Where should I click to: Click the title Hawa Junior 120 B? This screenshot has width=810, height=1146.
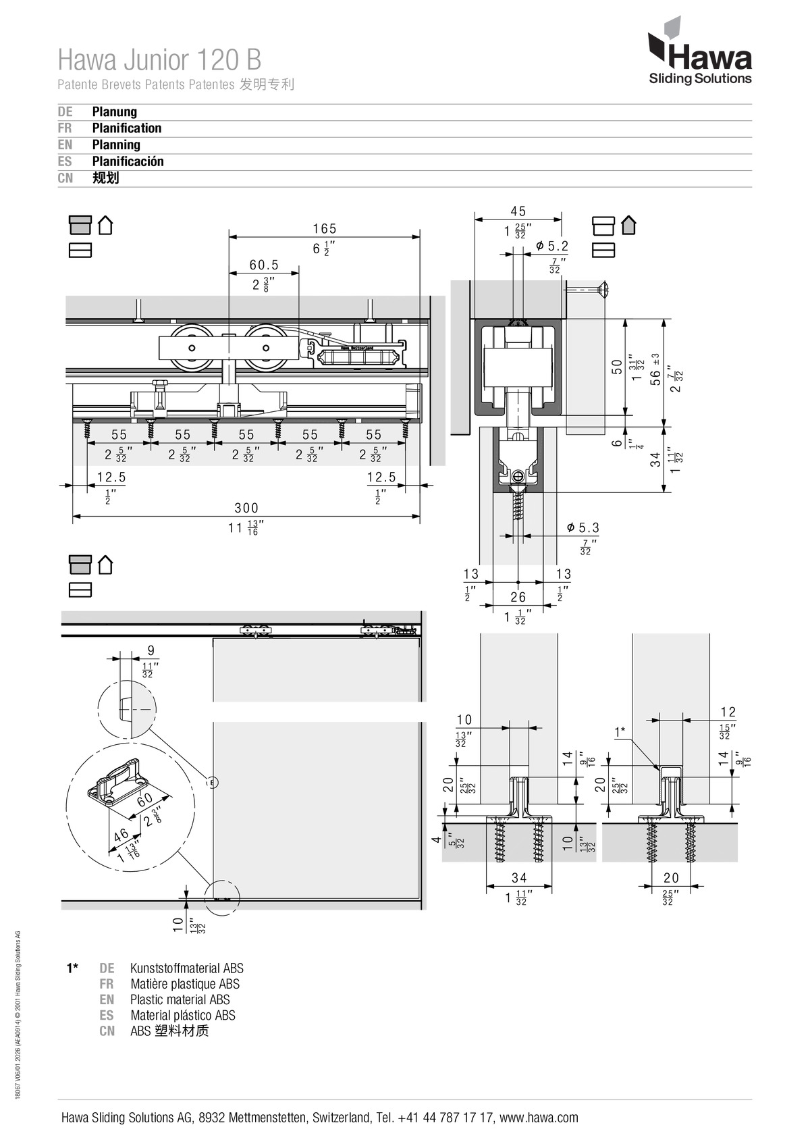coord(159,60)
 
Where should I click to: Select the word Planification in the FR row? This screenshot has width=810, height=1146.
coord(126,128)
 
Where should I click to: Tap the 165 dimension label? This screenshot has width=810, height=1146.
coord(325,229)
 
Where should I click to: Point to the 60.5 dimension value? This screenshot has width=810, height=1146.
coord(264,265)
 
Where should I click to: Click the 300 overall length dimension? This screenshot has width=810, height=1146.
coord(246,508)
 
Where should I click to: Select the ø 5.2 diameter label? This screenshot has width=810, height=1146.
coord(553,246)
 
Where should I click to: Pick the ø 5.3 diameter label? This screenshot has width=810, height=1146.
coord(583,527)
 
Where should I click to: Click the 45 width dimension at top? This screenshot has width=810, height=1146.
coord(518,211)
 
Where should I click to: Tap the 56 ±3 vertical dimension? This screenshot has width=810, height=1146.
coord(655,370)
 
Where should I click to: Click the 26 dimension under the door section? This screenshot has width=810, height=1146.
coord(518,597)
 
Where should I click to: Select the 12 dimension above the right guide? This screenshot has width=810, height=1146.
coord(728,712)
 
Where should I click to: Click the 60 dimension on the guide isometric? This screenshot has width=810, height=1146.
coord(144,800)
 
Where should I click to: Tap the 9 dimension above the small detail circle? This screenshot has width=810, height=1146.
coord(151,650)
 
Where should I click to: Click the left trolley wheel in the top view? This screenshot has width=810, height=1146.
coord(192,348)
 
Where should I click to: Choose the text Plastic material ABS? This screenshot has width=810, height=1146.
coord(180,999)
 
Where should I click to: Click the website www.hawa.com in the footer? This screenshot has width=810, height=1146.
coord(539,1118)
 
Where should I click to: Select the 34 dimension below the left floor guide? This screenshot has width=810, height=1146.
coord(519,878)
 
